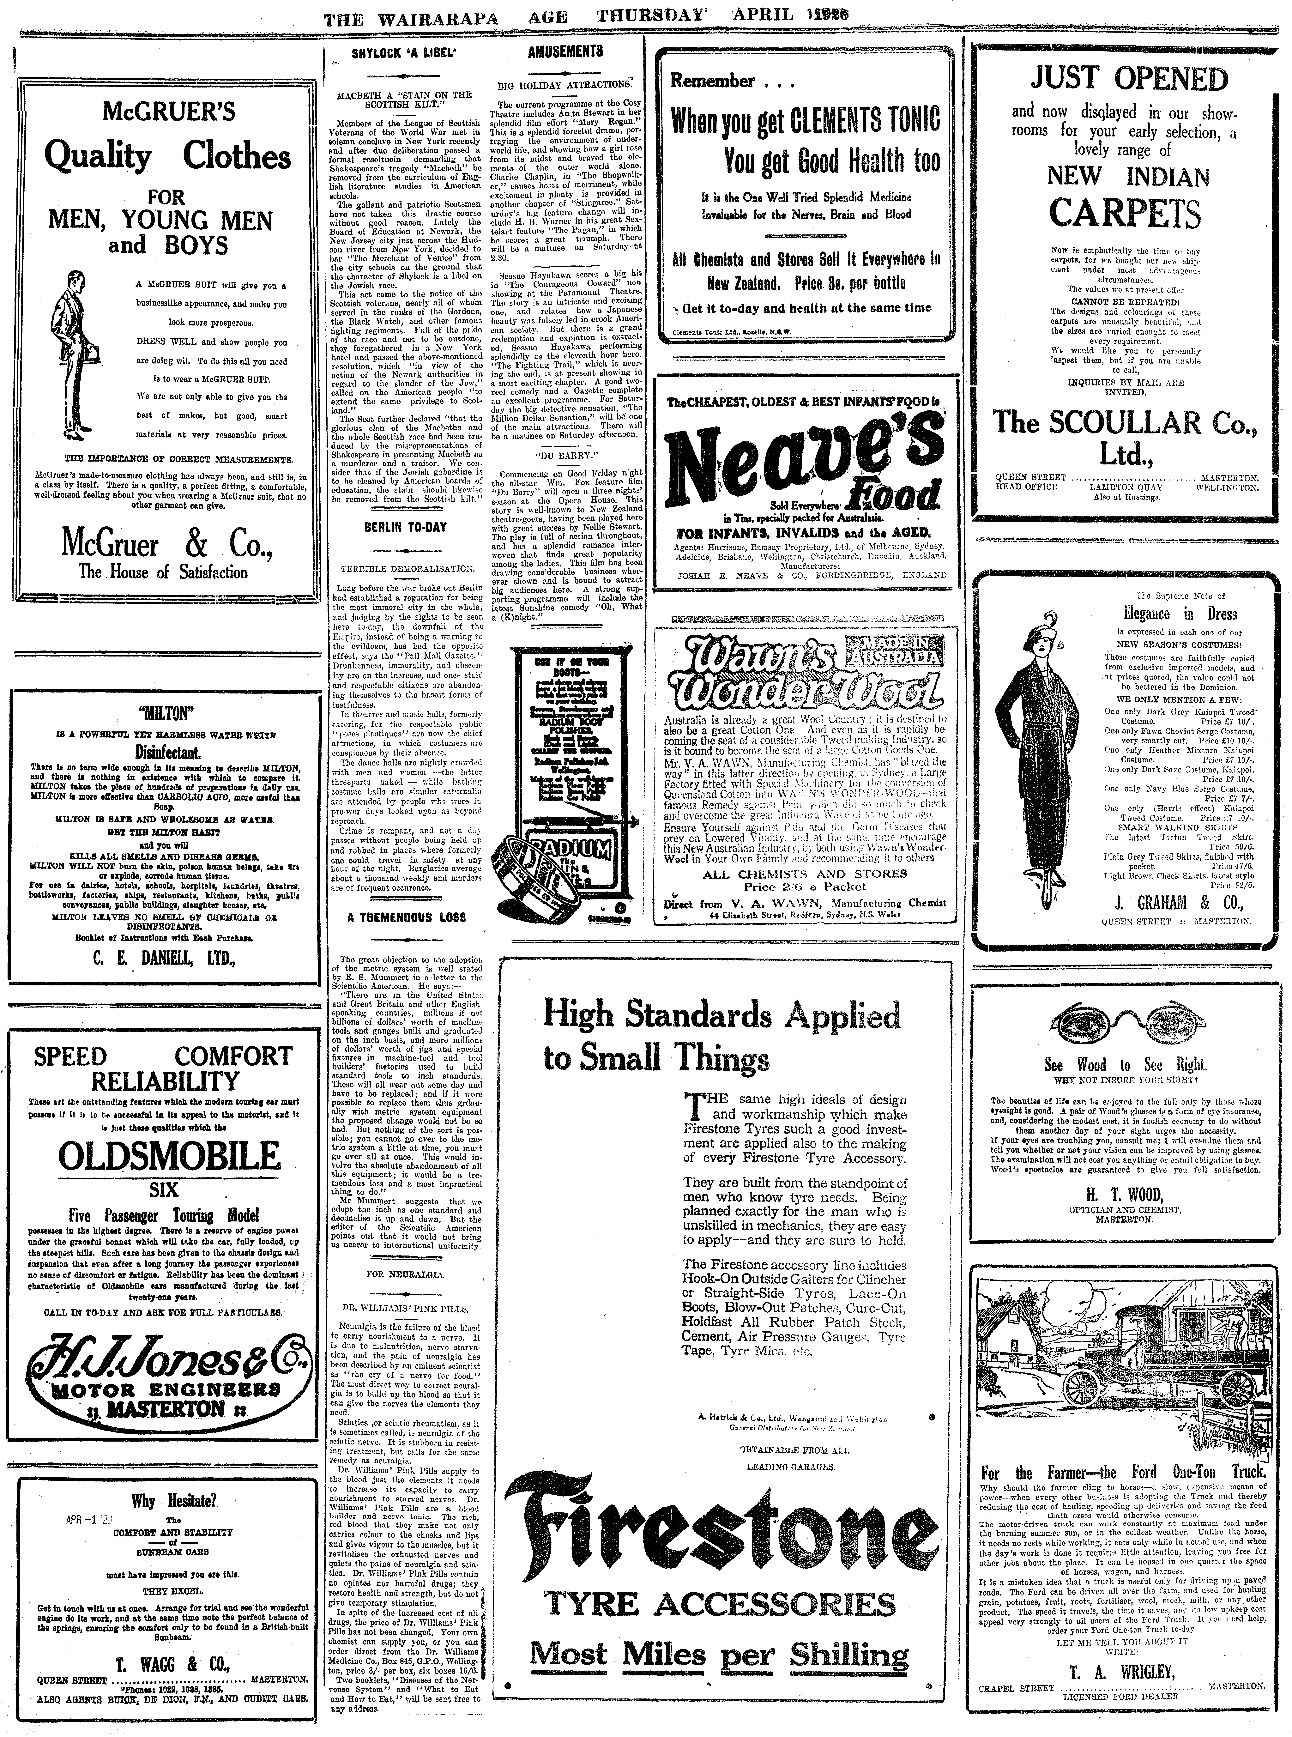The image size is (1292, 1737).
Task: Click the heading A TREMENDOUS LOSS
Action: (407, 917)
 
